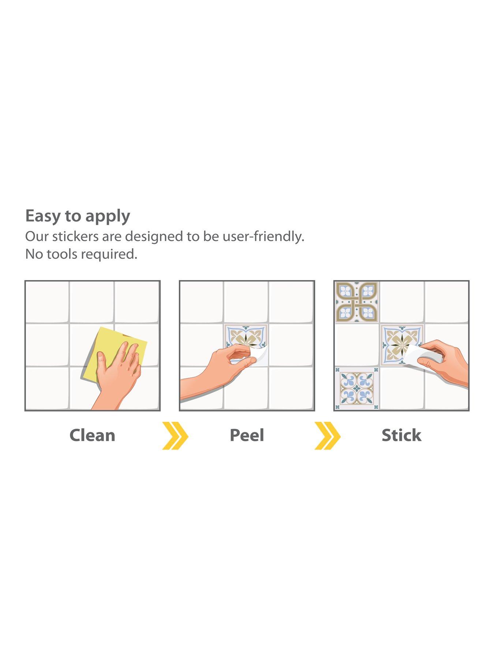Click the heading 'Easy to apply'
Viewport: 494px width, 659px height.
(x=78, y=216)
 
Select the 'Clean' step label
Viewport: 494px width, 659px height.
(x=92, y=435)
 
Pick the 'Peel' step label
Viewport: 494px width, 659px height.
(x=247, y=435)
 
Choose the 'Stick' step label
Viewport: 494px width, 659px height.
(x=401, y=435)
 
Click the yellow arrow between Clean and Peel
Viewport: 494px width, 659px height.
(x=176, y=436)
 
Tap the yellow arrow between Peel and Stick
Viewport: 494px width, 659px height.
(x=328, y=436)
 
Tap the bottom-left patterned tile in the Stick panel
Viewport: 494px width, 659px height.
(x=357, y=388)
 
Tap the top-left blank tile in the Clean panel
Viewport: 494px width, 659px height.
(x=48, y=302)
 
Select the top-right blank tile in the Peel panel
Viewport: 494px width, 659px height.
(x=291, y=302)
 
